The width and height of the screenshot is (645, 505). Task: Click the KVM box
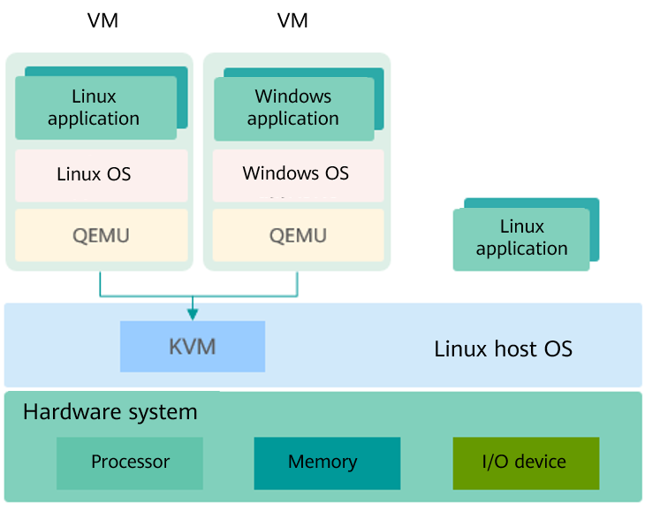(193, 346)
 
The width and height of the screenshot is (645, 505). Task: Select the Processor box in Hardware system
(130, 463)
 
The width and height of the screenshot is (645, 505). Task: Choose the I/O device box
(526, 463)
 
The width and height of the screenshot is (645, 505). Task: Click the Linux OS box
(102, 174)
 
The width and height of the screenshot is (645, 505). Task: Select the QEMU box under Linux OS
(102, 235)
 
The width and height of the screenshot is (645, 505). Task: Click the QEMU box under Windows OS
(298, 235)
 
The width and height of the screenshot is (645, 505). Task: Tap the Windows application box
(293, 108)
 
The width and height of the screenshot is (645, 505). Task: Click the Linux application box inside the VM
(94, 108)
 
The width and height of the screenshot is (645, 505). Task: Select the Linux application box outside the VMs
(521, 238)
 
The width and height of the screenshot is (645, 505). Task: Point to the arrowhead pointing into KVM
(193, 313)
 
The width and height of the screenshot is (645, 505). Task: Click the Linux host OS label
(503, 348)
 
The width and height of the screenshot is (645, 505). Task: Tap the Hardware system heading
(110, 411)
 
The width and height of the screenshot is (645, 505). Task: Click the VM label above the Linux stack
(102, 20)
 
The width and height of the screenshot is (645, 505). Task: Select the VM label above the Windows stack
(292, 20)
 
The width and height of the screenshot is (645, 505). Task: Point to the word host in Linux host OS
(503, 348)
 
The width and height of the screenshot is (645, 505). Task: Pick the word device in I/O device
(541, 462)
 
